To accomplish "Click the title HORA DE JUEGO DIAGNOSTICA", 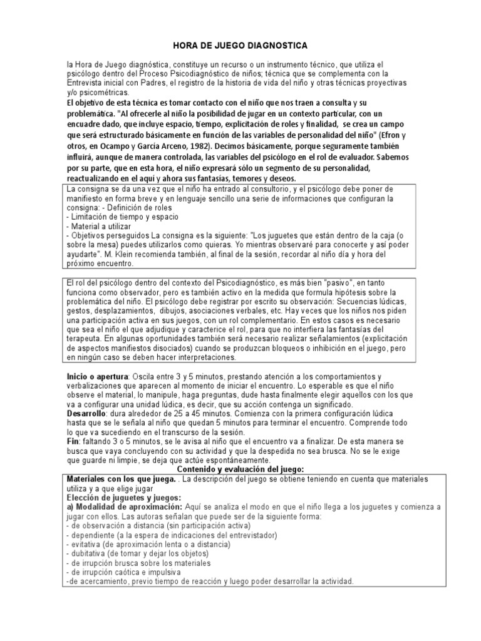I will coord(240,46).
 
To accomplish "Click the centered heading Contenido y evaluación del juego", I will coord(240,468).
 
